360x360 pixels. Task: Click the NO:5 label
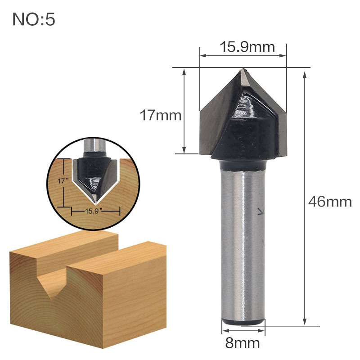coord(34,20)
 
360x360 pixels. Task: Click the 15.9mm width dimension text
coord(243,46)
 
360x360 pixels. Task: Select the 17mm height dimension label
coord(160,116)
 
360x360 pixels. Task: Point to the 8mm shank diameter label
coord(243,343)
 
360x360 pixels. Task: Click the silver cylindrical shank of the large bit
coord(243,243)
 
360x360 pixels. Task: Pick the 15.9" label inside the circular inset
coord(96,210)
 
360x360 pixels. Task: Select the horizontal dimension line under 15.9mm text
coord(243,56)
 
